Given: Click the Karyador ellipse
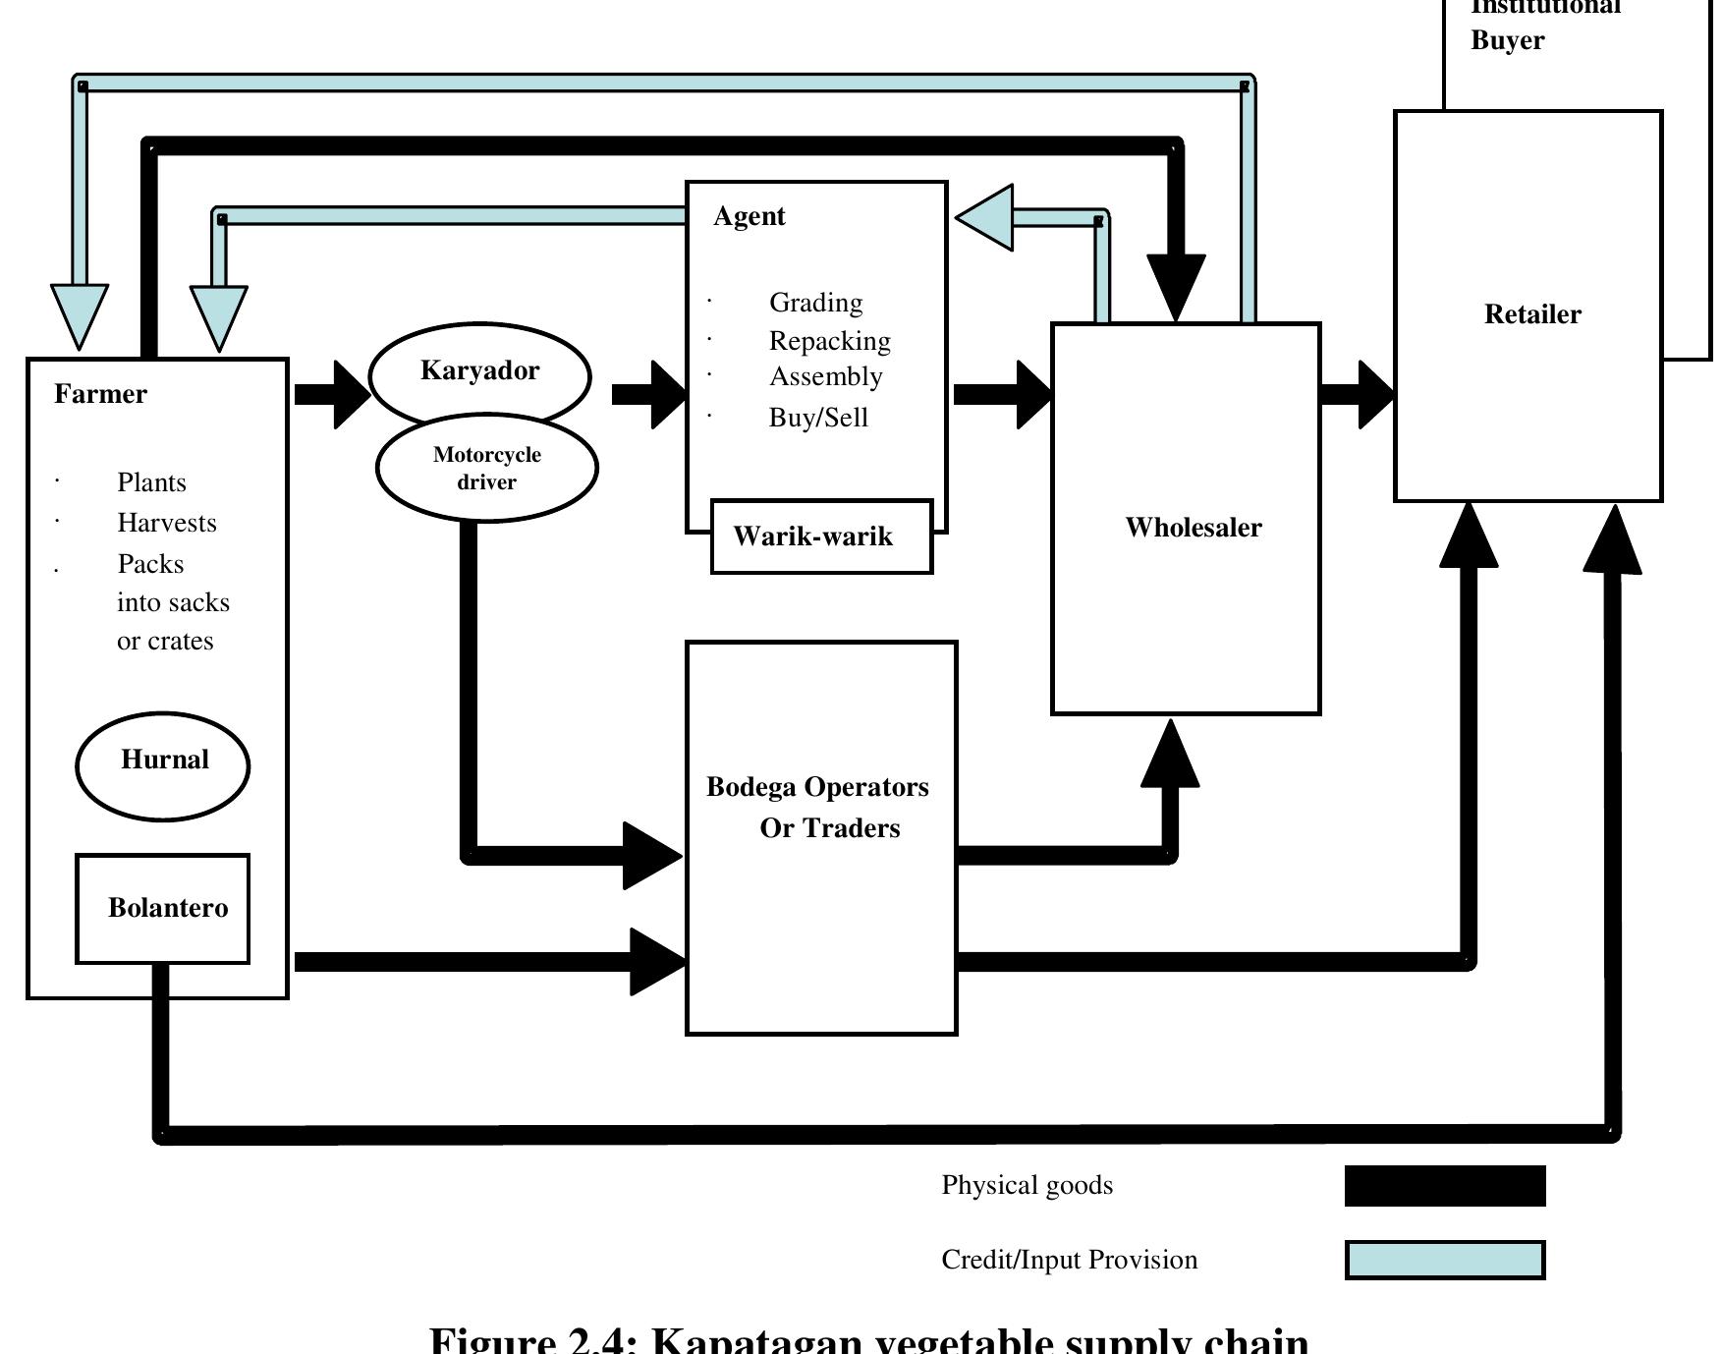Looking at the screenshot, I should coord(479,371).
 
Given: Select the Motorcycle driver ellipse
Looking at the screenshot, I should coord(486,469).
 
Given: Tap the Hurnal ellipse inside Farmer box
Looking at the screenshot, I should coord(163,762).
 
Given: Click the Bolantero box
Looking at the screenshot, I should coord(163,908).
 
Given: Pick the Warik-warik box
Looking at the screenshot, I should coord(820,536).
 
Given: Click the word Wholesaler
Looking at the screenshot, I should coord(1193,528).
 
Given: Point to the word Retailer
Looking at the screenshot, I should coord(1531,314).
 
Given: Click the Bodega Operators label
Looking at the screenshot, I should coord(817,788).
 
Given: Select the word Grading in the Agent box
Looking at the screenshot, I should coord(815,303).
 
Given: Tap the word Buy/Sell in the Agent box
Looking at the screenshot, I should coord(817,418).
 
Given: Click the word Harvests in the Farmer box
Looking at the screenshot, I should coord(166,523).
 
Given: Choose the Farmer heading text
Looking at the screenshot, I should coord(100,394).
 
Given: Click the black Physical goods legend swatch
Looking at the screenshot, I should coord(1444,1185).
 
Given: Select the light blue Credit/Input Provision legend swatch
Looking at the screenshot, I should coord(1444,1260).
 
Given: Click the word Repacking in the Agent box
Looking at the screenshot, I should coord(829,341).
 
